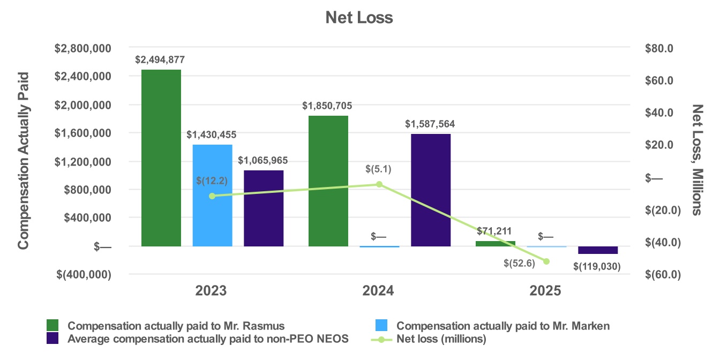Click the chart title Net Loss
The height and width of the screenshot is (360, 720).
[359, 18]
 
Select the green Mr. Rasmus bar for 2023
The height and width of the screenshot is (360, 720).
[161, 158]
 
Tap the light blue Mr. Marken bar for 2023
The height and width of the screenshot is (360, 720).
[212, 196]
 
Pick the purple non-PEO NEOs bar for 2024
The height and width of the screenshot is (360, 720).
[431, 190]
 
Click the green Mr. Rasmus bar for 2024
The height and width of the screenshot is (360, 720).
[328, 181]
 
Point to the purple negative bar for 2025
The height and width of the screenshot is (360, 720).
[598, 250]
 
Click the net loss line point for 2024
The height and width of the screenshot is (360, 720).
[379, 184]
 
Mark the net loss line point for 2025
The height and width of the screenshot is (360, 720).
[546, 261]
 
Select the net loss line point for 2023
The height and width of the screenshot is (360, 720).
[212, 196]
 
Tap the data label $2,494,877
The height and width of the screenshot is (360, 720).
[161, 59]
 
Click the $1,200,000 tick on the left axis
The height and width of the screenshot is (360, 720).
[84, 161]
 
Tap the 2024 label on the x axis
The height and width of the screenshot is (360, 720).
[378, 291]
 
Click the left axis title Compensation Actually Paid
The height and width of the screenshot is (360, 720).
[23, 161]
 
